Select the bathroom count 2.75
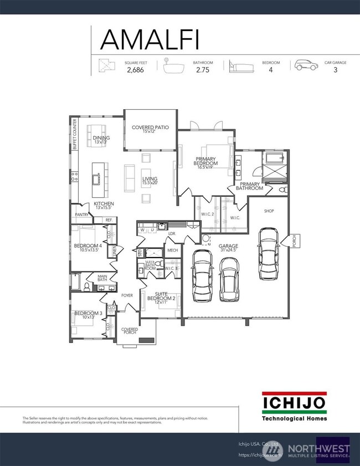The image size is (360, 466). coord(202,70)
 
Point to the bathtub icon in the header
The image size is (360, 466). coord(176,66)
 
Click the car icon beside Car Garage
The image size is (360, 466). coord(306,66)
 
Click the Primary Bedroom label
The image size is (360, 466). coord(205,161)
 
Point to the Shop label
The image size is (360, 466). coord(269,211)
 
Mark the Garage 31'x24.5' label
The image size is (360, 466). coord(228,248)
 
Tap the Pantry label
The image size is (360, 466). coord(81,214)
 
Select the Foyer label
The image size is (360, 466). coord(127,295)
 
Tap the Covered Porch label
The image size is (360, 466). coord(130,331)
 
